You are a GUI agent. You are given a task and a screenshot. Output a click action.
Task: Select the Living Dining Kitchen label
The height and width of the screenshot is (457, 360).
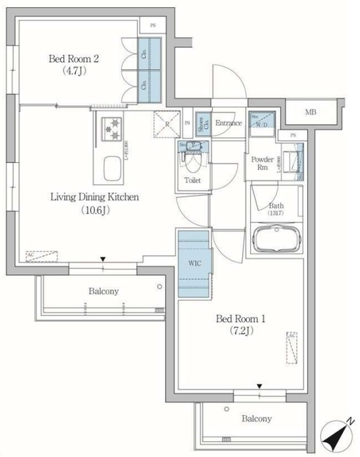point(93,196)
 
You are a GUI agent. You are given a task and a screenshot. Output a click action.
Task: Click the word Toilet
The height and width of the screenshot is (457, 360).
point(193,181)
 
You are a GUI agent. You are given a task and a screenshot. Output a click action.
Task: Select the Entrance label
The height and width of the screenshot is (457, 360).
point(229,123)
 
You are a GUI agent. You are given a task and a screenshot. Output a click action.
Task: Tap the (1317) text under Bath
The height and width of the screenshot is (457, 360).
point(276,214)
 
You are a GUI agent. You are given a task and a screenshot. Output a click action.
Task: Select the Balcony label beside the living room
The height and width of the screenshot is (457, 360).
point(104,291)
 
